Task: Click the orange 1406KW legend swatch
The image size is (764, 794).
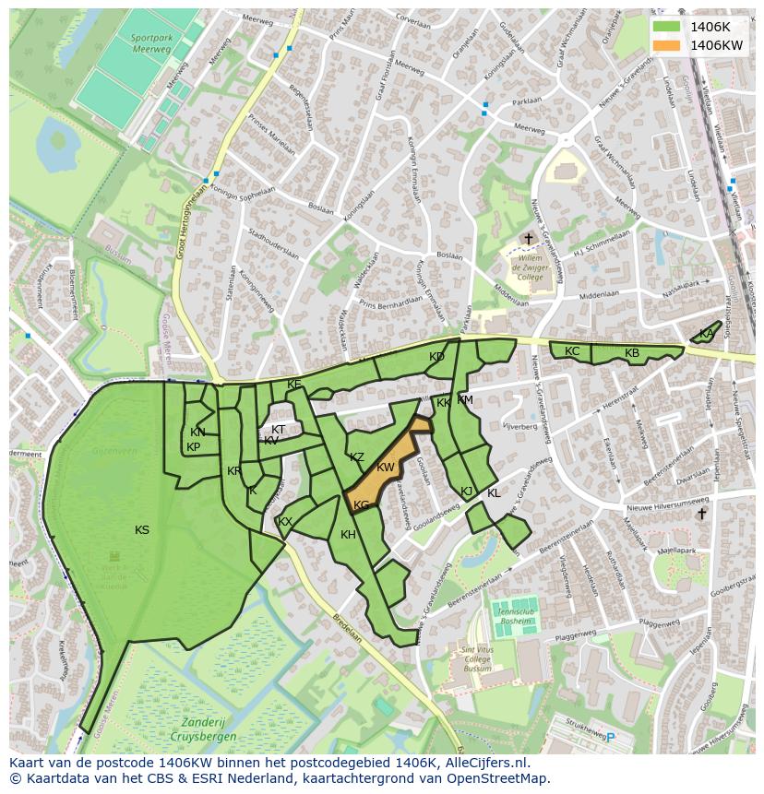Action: (665, 45)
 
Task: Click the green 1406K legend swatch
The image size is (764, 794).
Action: (665, 27)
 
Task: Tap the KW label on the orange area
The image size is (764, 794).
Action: (386, 468)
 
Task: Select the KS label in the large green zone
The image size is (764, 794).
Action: (142, 530)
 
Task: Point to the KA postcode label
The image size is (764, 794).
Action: (706, 334)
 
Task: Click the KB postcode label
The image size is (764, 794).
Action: (632, 353)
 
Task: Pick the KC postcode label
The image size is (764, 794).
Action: (572, 351)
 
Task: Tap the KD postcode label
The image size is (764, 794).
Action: (436, 357)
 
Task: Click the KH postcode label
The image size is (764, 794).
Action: (348, 535)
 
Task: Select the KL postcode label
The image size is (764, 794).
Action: (494, 493)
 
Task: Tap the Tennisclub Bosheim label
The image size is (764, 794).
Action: (515, 615)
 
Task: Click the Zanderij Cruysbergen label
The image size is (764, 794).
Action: (203, 731)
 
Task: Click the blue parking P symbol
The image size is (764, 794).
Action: (610, 737)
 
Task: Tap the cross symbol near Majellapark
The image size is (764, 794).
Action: (701, 514)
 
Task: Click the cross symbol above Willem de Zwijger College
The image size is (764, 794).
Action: (529, 239)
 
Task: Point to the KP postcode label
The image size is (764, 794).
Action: (194, 447)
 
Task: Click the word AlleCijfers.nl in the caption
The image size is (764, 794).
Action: (495, 764)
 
